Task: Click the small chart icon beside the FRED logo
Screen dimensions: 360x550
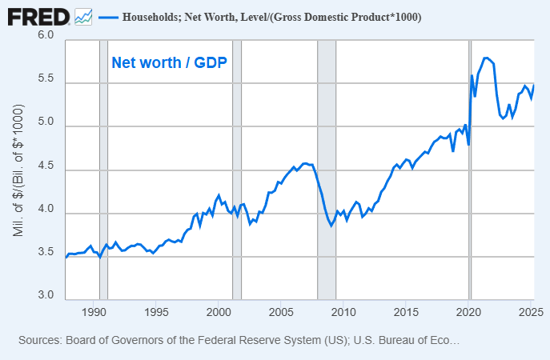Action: [82, 16]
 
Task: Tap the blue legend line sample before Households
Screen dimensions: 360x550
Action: [108, 17]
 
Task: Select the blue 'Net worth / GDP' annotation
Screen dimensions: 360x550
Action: [170, 62]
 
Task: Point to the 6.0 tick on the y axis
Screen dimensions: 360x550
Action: [45, 36]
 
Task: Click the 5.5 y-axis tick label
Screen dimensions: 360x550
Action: [45, 80]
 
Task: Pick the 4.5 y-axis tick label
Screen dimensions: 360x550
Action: [45, 167]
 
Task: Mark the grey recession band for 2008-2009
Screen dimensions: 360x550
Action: [327, 168]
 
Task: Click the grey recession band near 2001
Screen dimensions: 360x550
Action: [237, 168]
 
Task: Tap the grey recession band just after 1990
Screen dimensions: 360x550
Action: [103, 168]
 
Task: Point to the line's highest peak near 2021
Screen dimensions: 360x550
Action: [486, 58]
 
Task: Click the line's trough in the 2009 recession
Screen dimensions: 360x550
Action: [331, 226]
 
